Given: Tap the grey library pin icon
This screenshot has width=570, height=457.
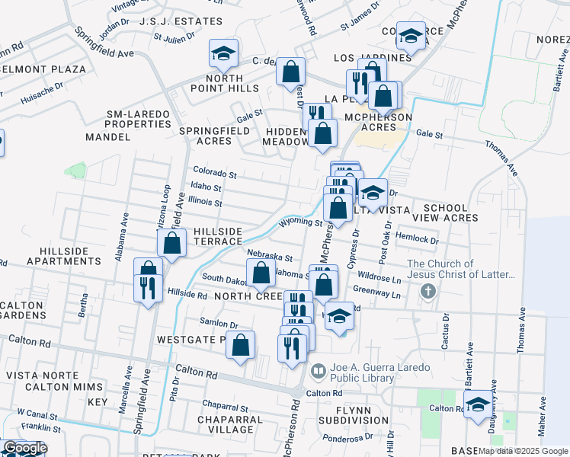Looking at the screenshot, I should click(319, 368).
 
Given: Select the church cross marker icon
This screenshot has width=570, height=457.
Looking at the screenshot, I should click(429, 291).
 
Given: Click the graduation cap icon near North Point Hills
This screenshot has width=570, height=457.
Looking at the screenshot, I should click(223, 53).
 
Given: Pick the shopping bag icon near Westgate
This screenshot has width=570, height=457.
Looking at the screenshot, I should click(241, 345).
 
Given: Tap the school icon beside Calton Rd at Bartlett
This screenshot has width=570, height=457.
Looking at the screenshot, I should click(478, 404).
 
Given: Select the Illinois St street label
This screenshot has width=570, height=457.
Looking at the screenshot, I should click(207, 203).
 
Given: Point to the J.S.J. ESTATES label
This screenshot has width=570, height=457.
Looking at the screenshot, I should click(181, 21).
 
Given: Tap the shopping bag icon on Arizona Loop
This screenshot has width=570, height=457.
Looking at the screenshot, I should click(172, 244).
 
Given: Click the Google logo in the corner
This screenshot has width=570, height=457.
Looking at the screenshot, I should click(24, 448).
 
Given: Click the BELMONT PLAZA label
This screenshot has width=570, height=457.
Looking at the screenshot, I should click(43, 69).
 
